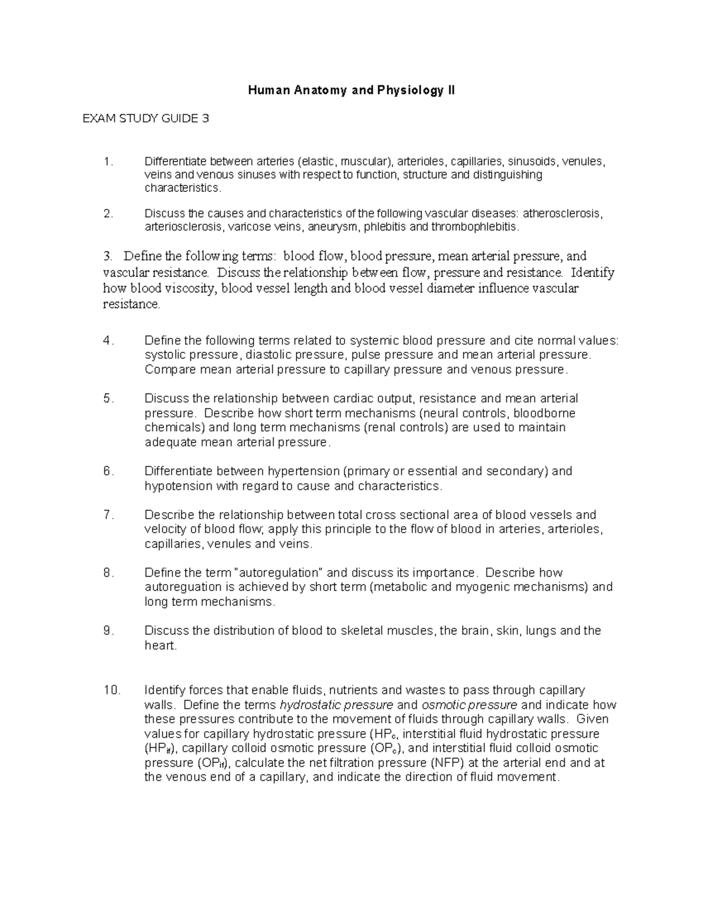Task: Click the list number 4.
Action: (107, 341)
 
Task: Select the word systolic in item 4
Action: (163, 355)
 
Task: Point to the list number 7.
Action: (107, 515)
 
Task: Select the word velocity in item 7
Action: (164, 530)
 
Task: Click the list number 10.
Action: (111, 690)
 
